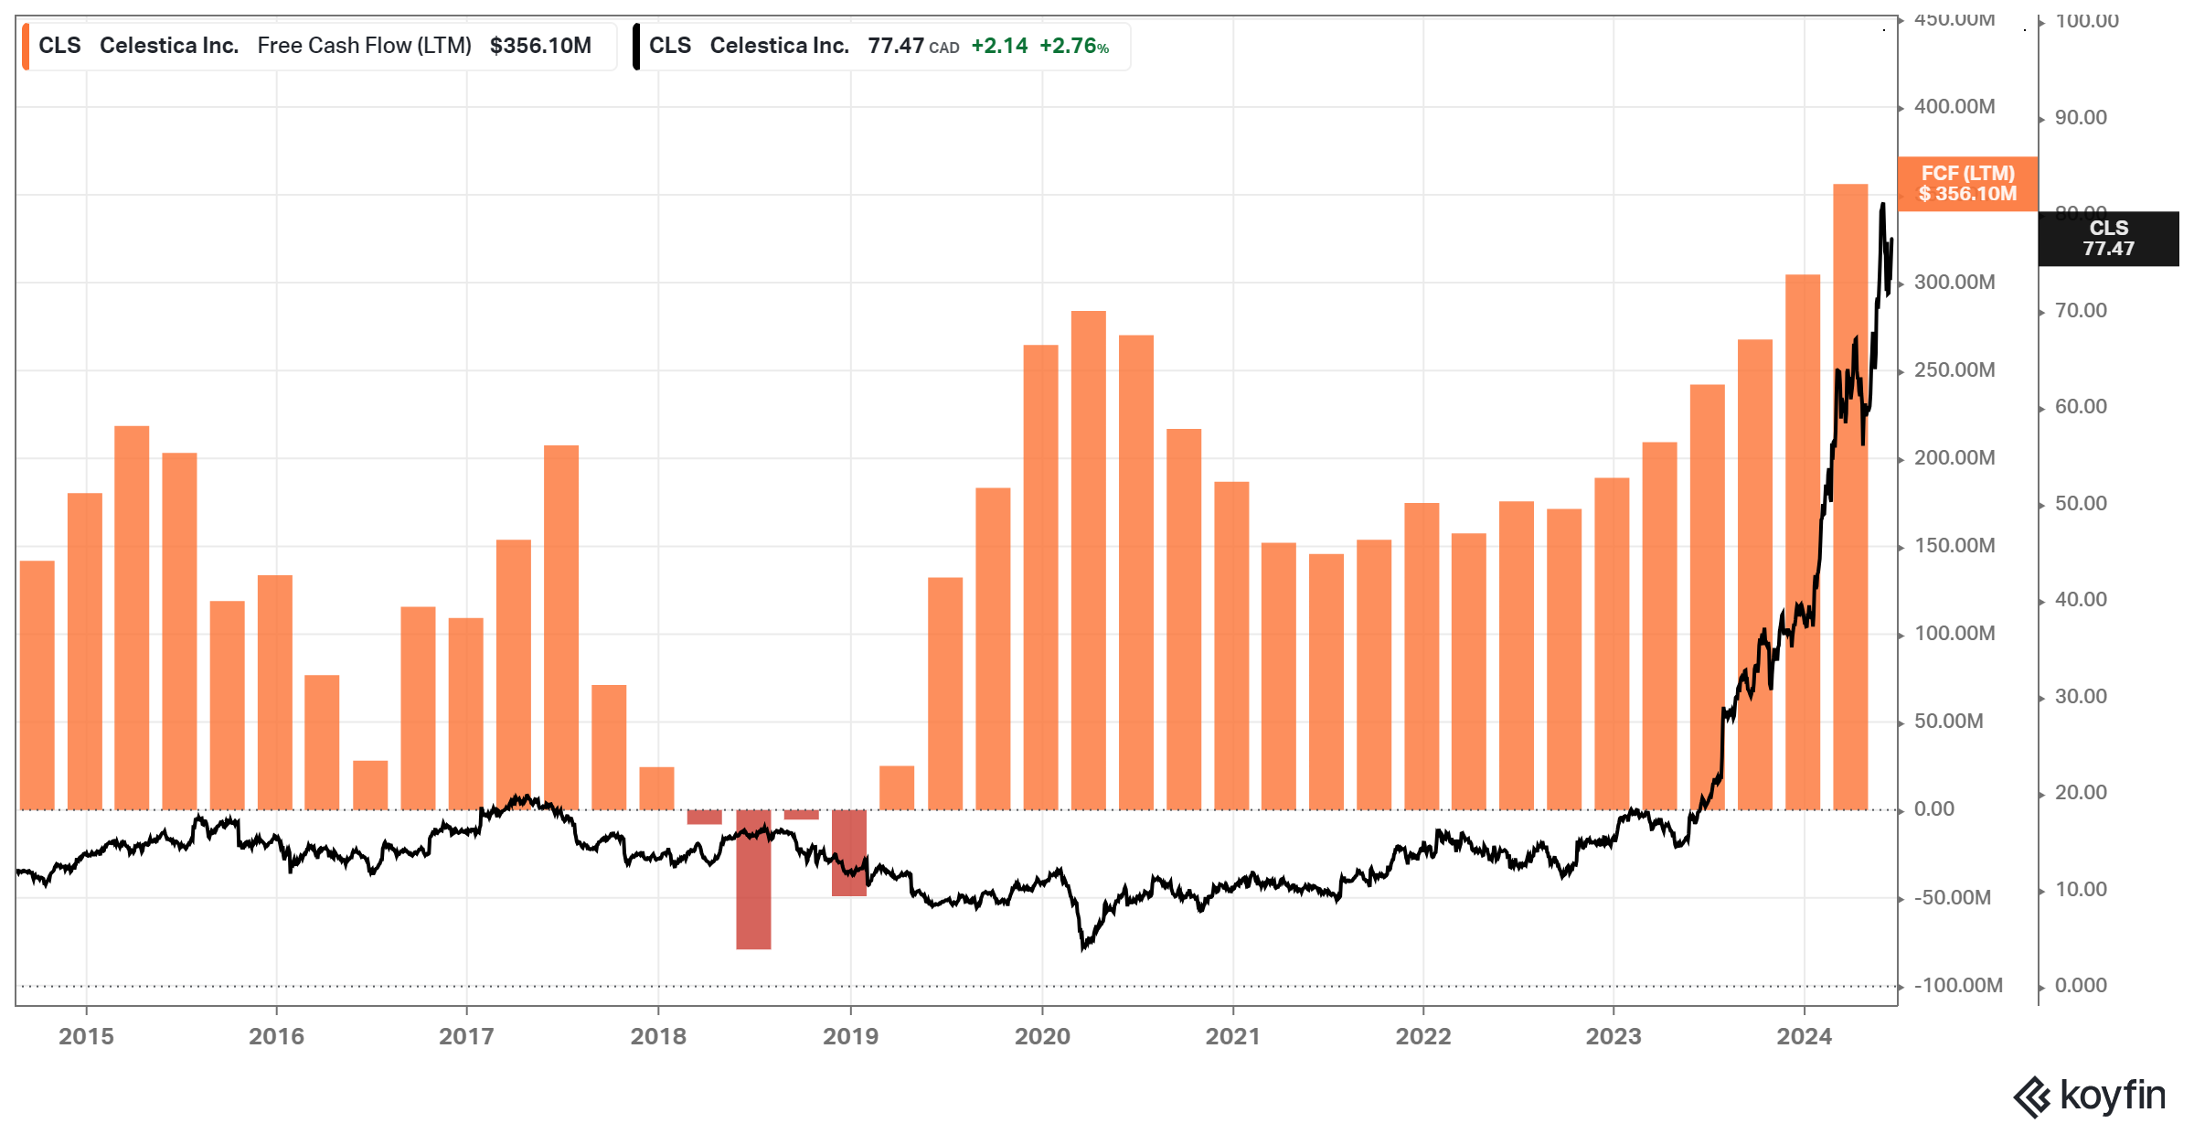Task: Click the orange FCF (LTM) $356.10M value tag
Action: tap(1966, 184)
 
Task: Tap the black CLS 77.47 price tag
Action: tap(2107, 239)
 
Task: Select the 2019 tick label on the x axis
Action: tap(850, 1036)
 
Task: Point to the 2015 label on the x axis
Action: tap(86, 1036)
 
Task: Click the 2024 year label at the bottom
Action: tap(1804, 1036)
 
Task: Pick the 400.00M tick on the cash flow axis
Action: tap(1954, 107)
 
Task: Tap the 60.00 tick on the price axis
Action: tap(2081, 407)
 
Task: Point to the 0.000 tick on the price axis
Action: tap(2081, 986)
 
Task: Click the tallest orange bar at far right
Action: tap(1850, 494)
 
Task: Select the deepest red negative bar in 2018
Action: tap(753, 878)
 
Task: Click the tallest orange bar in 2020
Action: tap(1088, 558)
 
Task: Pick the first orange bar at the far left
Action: tap(37, 686)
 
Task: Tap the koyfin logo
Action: tap(2090, 1096)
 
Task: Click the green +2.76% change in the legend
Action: tap(1074, 46)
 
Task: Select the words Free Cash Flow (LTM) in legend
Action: tap(364, 46)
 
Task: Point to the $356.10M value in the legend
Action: tap(540, 46)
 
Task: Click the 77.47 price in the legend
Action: tap(896, 46)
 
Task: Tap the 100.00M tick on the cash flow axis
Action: tap(1954, 634)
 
